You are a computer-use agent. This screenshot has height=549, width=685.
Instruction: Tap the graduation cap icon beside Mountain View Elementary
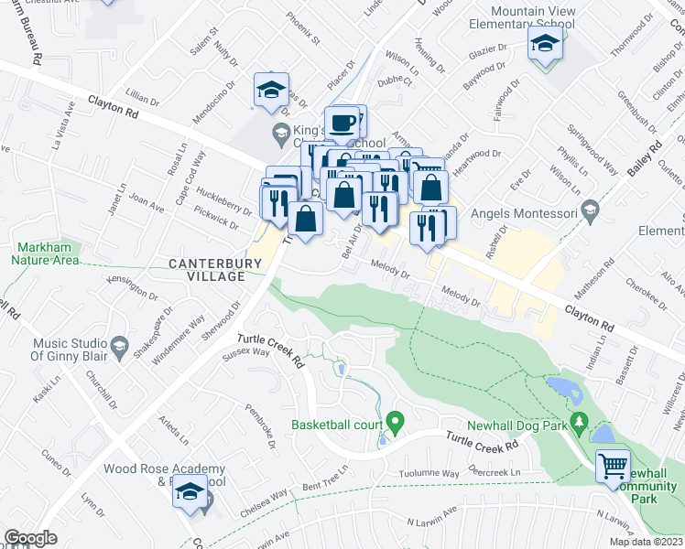point(546,44)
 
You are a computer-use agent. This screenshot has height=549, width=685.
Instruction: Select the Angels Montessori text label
point(523,213)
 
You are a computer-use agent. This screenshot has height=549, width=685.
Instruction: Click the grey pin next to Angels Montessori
point(590,212)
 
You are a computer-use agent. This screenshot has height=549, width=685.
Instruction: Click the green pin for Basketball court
point(396,424)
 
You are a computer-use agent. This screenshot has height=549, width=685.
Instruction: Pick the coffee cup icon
point(343,122)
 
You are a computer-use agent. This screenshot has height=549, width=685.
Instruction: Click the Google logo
point(30,538)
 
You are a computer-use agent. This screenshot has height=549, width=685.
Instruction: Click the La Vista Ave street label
point(60,131)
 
